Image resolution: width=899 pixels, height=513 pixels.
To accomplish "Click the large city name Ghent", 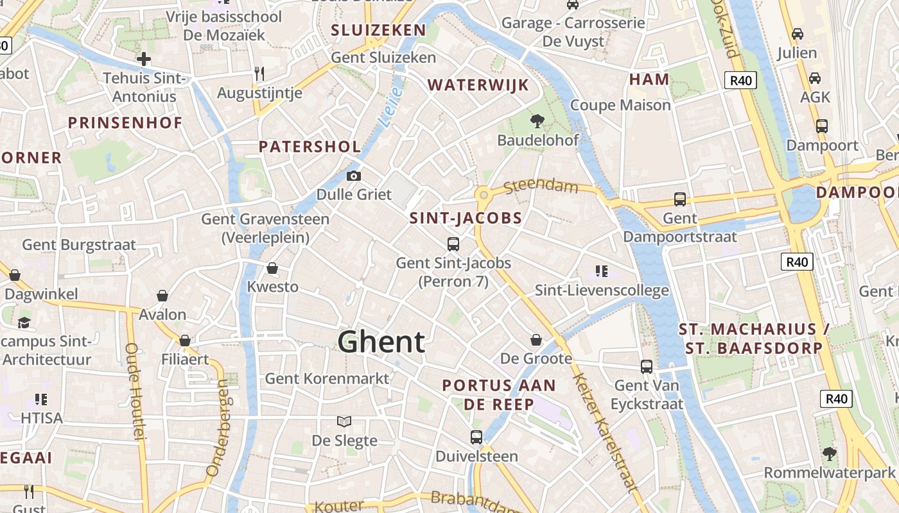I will (381, 342).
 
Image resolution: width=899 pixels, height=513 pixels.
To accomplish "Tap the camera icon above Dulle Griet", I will (353, 176).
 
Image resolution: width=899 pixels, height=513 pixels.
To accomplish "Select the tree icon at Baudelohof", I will (537, 121).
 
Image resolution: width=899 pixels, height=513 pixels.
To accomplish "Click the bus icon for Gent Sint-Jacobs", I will (453, 244).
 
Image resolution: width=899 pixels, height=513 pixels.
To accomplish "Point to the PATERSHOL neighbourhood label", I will (310, 146).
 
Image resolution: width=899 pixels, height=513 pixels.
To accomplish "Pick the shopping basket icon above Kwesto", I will (272, 267).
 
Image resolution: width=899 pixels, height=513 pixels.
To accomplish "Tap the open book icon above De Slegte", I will (344, 421).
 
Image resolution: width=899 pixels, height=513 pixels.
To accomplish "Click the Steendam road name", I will (541, 187).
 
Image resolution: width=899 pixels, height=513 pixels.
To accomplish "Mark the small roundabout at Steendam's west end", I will (482, 194).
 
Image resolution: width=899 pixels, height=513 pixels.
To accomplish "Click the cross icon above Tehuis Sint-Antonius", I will (144, 60).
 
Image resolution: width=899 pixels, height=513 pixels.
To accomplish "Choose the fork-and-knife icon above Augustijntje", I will (259, 74).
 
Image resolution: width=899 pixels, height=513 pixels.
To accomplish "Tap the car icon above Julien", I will (798, 33).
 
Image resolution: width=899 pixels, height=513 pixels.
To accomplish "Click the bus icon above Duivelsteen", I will (476, 437).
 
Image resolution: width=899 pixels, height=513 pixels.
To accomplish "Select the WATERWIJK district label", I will (478, 85).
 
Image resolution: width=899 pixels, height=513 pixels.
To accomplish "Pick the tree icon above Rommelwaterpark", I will (830, 454).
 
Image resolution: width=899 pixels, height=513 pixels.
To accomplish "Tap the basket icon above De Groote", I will (536, 340).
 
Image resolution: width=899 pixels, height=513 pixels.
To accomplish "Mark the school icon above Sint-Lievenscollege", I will (602, 271).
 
